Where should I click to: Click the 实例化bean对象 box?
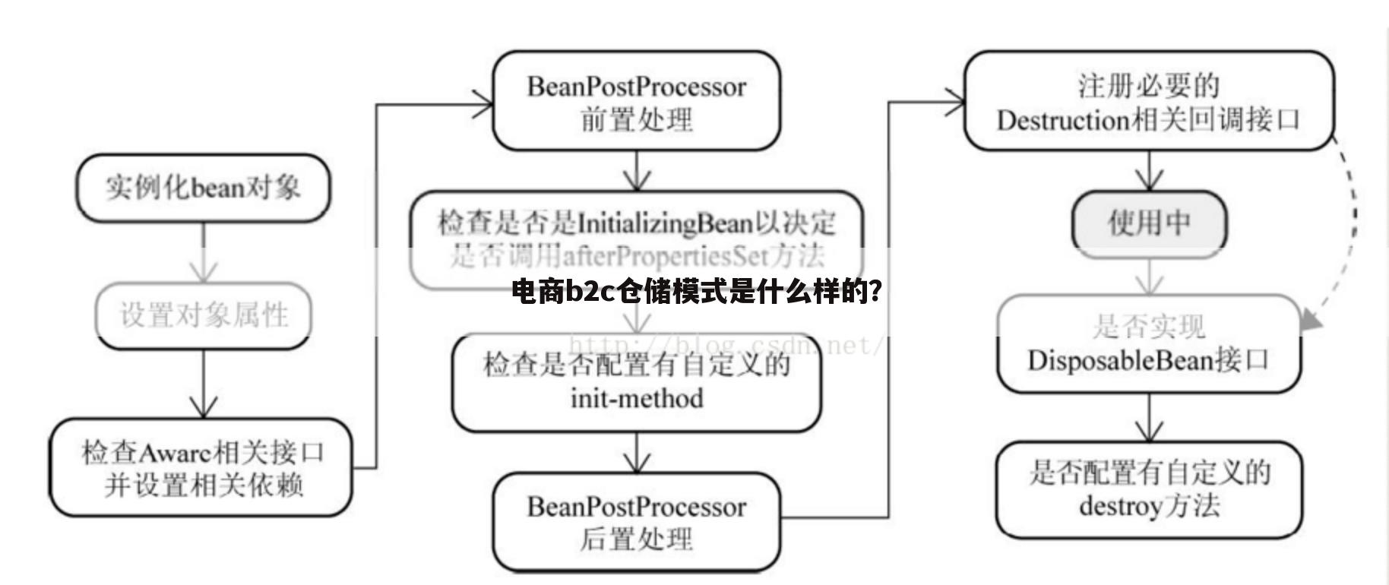pyautogui.click(x=203, y=188)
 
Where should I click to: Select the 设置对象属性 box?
pyautogui.click(x=204, y=315)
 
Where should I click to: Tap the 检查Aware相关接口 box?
pyautogui.click(x=201, y=468)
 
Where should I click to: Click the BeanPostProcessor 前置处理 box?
pyautogui.click(x=637, y=101)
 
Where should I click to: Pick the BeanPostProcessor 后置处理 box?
pyautogui.click(x=637, y=522)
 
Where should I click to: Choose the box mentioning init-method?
pyautogui.click(x=637, y=382)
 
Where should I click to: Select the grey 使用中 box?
pyautogui.click(x=1149, y=223)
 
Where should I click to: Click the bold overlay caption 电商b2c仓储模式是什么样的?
pyautogui.click(x=697, y=291)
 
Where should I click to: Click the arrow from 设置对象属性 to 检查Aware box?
pyautogui.click(x=203, y=384)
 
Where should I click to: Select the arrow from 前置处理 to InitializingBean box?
pyautogui.click(x=637, y=171)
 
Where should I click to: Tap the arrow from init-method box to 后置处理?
pyautogui.click(x=637, y=454)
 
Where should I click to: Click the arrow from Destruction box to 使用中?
pyautogui.click(x=1149, y=170)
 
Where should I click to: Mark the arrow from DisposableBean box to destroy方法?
pyautogui.click(x=1149, y=418)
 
